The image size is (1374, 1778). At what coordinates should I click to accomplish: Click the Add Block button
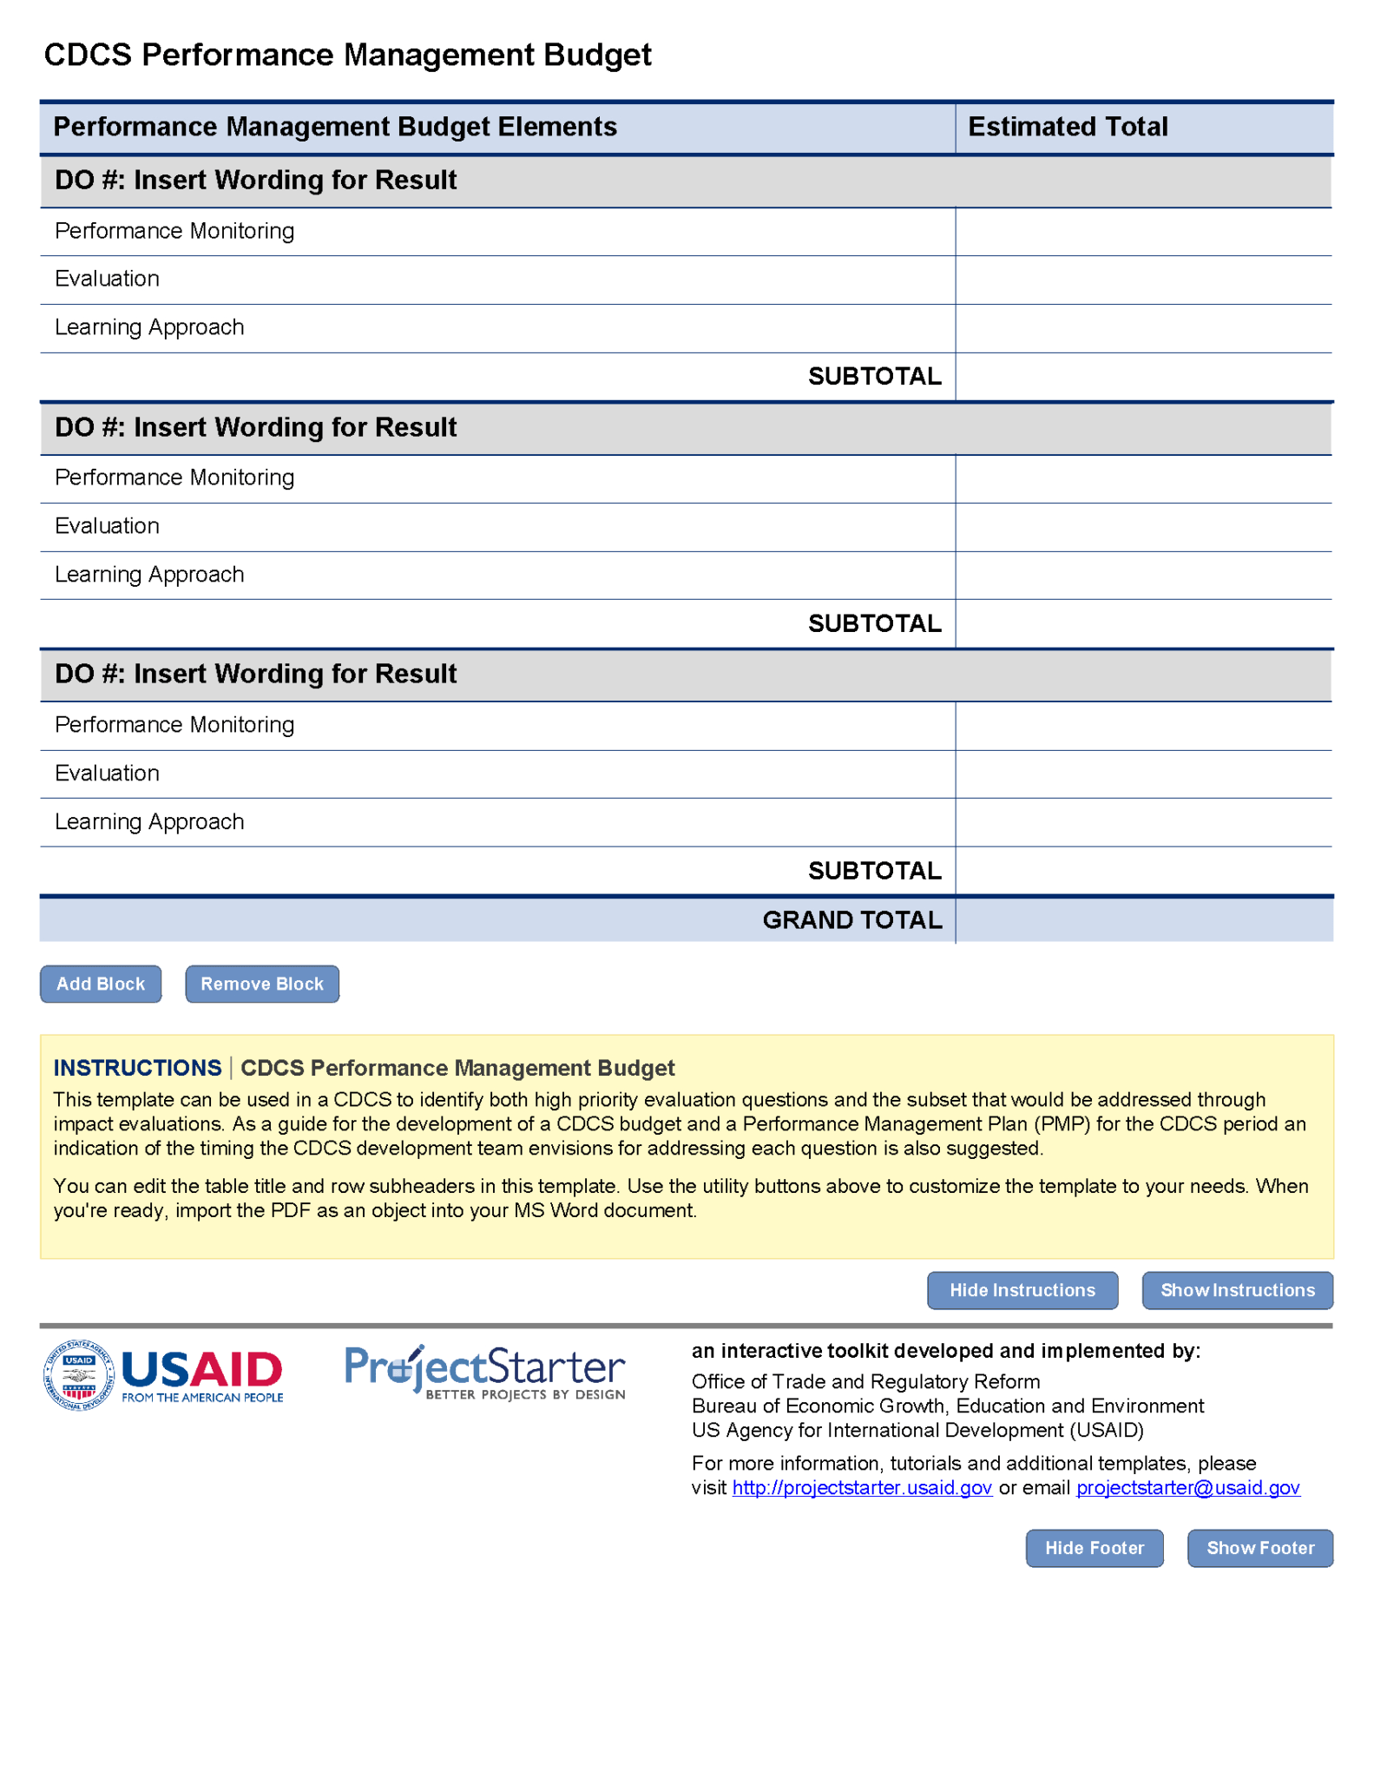(101, 984)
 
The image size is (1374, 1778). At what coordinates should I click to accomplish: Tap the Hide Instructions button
(1022, 1290)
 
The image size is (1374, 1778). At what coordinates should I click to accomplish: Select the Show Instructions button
(1237, 1290)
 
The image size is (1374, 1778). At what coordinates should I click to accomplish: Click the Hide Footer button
(1094, 1548)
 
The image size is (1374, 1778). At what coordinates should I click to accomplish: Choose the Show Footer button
(1259, 1548)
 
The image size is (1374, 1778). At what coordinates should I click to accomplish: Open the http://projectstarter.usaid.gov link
(862, 1487)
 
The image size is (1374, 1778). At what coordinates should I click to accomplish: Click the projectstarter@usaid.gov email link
(1187, 1487)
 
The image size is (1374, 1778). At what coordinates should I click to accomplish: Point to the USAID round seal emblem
(78, 1375)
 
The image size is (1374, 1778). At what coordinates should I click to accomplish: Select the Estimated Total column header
(1068, 127)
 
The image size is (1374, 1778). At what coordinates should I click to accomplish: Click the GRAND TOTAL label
(851, 920)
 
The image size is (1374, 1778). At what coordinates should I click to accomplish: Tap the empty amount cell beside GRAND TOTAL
(1143, 920)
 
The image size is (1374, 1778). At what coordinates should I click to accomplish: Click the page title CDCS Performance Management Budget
(347, 55)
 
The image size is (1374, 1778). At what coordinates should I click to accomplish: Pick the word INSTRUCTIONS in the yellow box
(137, 1068)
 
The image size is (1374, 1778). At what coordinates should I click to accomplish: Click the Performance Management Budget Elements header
(335, 127)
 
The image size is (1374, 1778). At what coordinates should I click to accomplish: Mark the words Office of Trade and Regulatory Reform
(865, 1381)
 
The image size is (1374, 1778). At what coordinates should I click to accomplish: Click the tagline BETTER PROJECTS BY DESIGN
(525, 1394)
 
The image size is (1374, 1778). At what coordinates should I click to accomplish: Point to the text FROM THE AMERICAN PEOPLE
(202, 1398)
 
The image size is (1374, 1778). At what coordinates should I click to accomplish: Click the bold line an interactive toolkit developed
(945, 1351)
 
